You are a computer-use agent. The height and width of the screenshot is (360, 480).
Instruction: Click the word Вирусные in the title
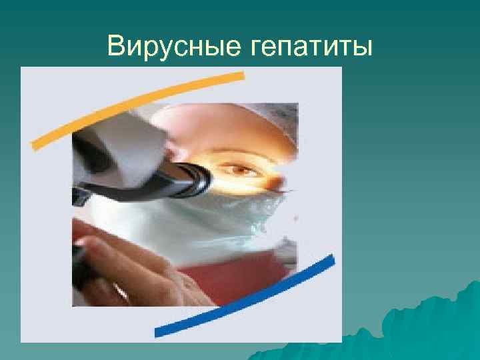pyautogui.click(x=173, y=47)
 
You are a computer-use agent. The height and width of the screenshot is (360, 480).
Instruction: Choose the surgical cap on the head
pyautogui.click(x=227, y=120)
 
